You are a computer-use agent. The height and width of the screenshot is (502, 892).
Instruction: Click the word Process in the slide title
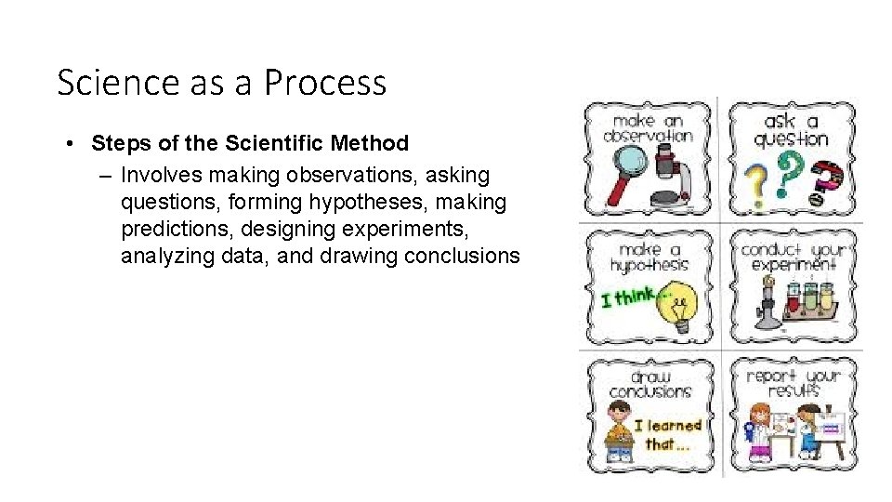tap(325, 83)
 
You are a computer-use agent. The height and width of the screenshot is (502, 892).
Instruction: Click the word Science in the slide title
tap(103, 83)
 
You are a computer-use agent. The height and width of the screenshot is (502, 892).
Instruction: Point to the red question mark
tap(824, 181)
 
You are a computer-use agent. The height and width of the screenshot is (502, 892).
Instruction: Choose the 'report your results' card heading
tap(792, 382)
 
